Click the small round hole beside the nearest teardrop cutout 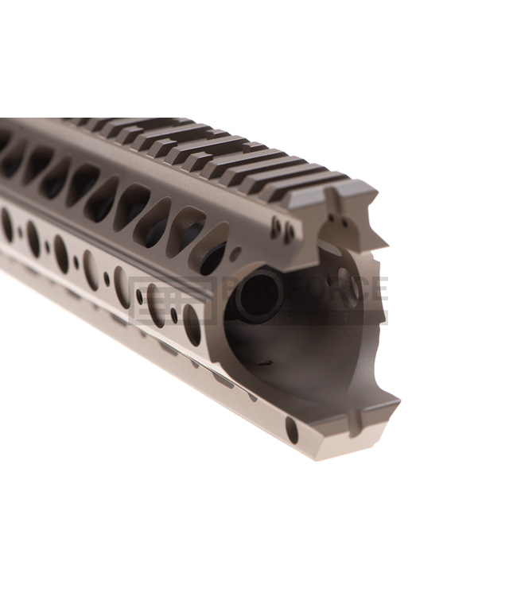(x=235, y=253)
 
